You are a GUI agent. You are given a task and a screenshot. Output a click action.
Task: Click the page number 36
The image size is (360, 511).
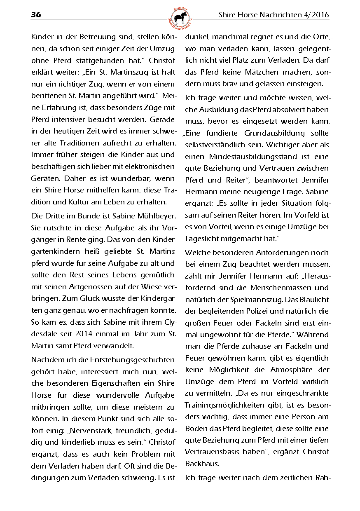[36, 15]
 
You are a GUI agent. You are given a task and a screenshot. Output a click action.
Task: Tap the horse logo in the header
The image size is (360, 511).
[180, 18]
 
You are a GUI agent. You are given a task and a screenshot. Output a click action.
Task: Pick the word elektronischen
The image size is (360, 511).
[150, 167]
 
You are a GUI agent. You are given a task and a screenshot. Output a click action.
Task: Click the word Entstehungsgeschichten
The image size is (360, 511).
[131, 360]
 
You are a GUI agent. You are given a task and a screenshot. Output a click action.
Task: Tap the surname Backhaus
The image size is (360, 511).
[202, 463]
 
